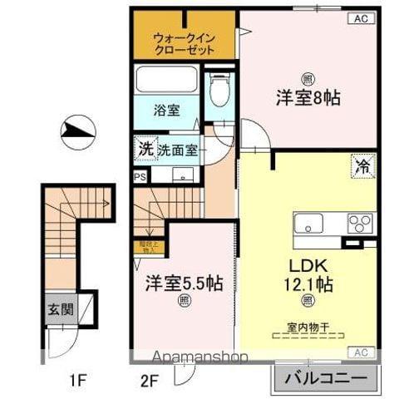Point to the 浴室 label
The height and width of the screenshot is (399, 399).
click(x=166, y=109)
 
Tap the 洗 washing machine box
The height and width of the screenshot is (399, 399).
click(x=145, y=149)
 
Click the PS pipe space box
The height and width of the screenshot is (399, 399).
click(x=140, y=176)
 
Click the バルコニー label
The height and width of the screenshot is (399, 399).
click(x=325, y=378)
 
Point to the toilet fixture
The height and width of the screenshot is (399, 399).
click(x=219, y=91)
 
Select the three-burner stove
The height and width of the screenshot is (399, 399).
click(x=359, y=224)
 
